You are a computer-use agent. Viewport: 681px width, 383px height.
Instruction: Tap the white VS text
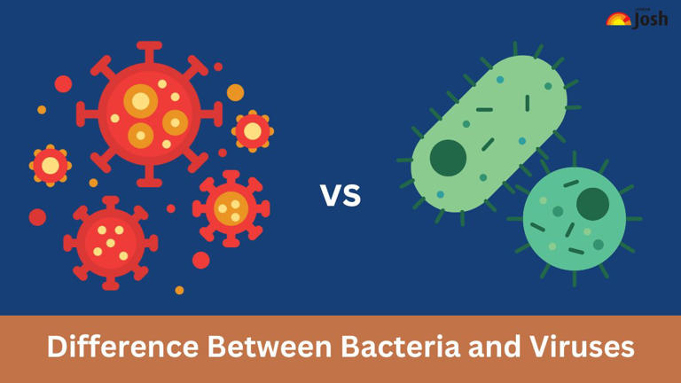(340, 194)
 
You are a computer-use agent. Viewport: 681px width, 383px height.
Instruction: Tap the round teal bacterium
(573, 216)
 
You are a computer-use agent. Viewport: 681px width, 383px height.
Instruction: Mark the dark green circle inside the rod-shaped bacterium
(448, 158)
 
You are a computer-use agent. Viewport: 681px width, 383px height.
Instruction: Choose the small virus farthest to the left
(50, 165)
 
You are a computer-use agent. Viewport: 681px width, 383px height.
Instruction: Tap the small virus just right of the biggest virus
(253, 131)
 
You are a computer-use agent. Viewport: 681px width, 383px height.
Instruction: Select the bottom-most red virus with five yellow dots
(111, 240)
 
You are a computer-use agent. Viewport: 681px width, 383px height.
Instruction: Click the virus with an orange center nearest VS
(231, 207)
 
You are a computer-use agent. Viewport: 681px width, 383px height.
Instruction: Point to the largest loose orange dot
(235, 92)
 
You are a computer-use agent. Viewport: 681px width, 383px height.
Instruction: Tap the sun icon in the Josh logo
(617, 19)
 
